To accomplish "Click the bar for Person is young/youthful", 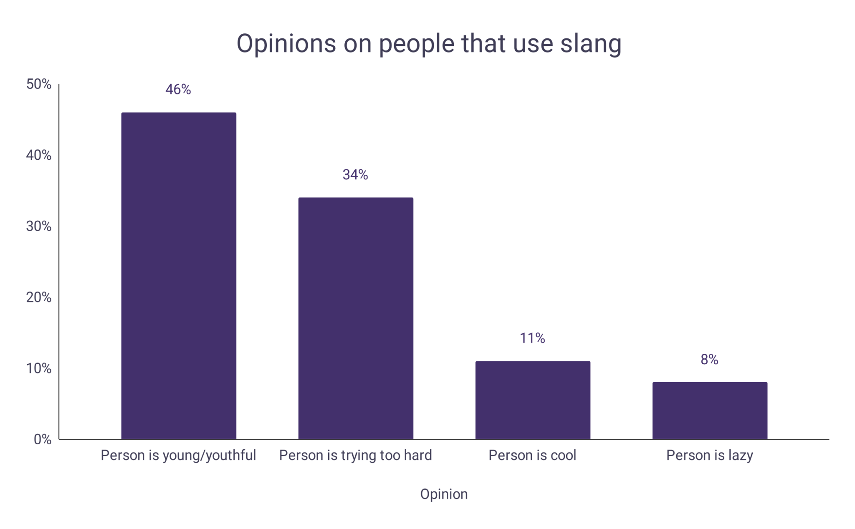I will click(x=179, y=275).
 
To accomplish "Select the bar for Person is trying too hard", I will click(x=356, y=318).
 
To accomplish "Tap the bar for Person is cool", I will click(x=533, y=400).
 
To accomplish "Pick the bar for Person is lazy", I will click(x=710, y=410).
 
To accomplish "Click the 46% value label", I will click(x=178, y=90).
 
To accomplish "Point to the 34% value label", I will click(x=355, y=175).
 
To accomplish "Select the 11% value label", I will click(x=532, y=338).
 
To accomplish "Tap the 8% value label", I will click(x=709, y=360).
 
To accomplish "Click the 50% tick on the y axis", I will click(x=39, y=84).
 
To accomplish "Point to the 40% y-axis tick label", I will click(x=39, y=155).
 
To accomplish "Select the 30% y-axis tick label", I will click(x=39, y=227).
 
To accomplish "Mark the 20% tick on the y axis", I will click(x=39, y=297).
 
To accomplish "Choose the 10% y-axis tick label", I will click(x=39, y=368).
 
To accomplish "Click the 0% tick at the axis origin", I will click(x=43, y=439).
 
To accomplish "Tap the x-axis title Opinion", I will click(x=444, y=494).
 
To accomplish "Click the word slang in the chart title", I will click(x=591, y=44).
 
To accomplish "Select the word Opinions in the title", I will click(x=286, y=44).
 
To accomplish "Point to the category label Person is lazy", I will click(x=709, y=455).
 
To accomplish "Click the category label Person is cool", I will click(x=532, y=455).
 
